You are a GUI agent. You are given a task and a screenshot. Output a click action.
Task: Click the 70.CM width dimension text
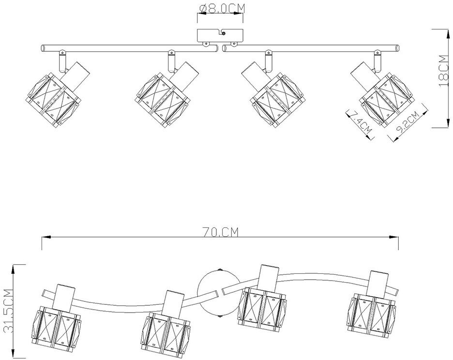222,232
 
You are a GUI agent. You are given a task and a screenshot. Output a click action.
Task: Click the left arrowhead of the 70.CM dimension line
44,237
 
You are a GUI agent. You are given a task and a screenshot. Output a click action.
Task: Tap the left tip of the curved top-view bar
44,293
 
